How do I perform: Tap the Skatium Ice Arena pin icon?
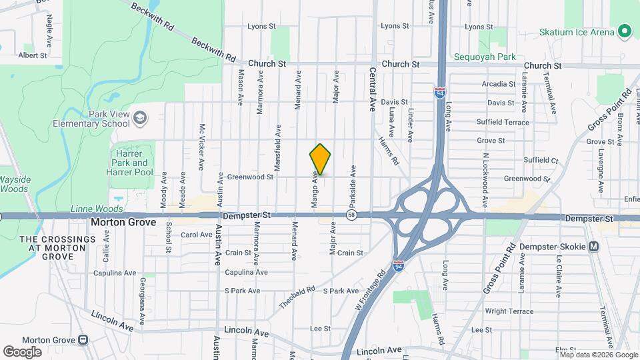pos(625,31)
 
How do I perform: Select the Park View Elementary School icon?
pos(140,119)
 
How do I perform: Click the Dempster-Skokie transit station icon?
pos(594,247)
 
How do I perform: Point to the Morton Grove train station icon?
pos(83,339)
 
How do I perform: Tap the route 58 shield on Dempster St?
pos(351,215)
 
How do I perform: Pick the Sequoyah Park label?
pos(485,57)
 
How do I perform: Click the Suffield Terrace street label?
pos(503,122)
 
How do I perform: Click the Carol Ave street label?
pos(196,235)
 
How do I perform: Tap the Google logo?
pos(22,351)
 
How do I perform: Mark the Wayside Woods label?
pos(14,184)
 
